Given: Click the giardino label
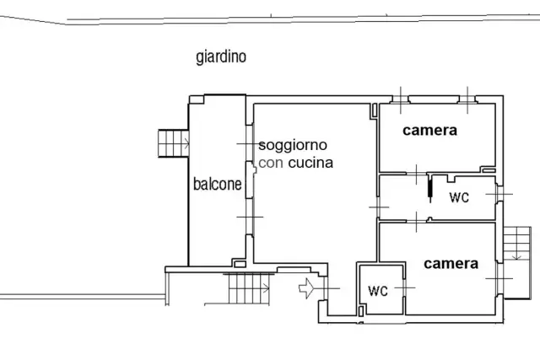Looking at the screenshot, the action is (x=221, y=56).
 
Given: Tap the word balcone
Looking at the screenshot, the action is (x=218, y=184).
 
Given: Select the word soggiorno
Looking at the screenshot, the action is (x=293, y=145).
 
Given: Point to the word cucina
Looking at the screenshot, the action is (x=310, y=163).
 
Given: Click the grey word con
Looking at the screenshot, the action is (x=271, y=163).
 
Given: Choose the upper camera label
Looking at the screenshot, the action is (x=429, y=130).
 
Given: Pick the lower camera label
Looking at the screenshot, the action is (x=451, y=264).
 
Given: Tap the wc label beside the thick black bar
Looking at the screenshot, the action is (x=459, y=197).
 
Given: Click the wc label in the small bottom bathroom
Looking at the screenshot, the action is (x=378, y=291).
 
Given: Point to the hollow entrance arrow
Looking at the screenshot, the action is (x=306, y=288).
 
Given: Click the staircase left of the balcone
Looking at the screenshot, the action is (x=174, y=143).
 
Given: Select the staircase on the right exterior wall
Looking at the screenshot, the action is (x=517, y=244).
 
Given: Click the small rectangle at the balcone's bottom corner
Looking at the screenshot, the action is (x=240, y=265).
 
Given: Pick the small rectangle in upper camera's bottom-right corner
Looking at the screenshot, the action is (x=489, y=170).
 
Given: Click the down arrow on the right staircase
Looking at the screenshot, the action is (x=516, y=255).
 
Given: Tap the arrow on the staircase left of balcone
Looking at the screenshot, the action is (x=186, y=143).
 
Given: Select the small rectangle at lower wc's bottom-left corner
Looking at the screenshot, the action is (x=361, y=311).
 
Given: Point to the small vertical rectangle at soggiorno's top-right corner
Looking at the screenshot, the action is (x=375, y=110).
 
